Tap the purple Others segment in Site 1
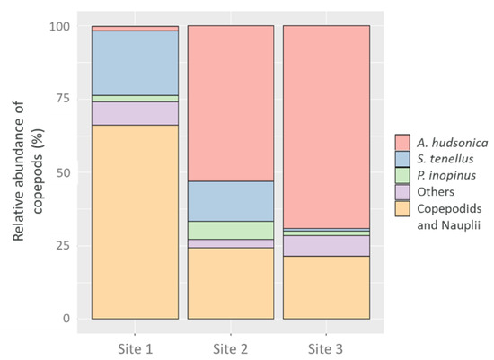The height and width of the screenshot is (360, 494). click(135, 113)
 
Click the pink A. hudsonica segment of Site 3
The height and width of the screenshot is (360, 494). click(326, 126)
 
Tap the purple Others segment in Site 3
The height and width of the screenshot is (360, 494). click(326, 245)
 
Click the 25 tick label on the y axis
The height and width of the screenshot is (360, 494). click(63, 245)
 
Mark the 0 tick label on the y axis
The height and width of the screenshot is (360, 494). click(66, 319)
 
